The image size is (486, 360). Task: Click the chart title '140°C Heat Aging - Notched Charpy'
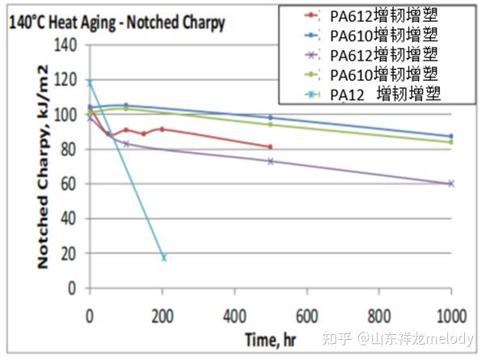coord(116,24)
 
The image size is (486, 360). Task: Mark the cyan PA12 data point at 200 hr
coord(163,257)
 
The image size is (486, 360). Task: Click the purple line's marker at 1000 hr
coord(450,184)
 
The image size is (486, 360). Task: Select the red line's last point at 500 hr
coord(270,146)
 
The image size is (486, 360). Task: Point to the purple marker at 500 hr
coord(270,161)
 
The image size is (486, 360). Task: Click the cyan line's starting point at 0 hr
coord(90,83)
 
